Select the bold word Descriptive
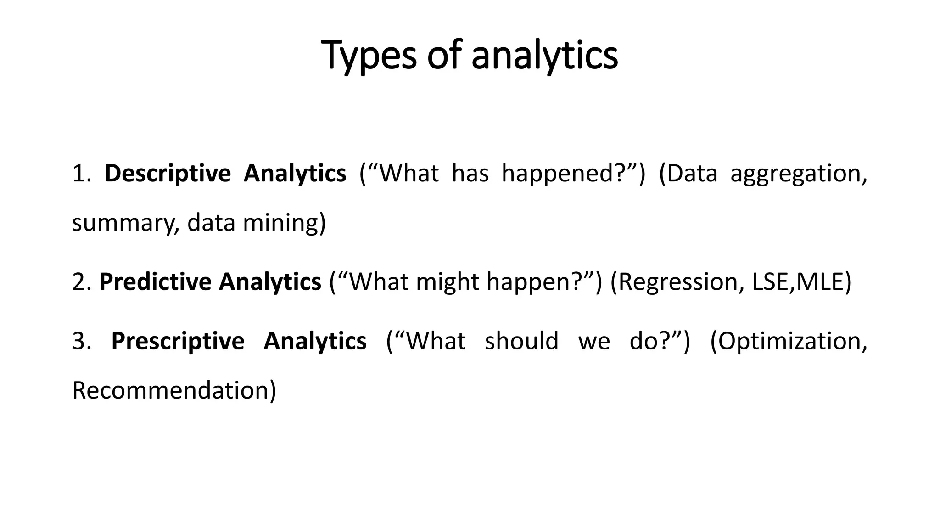tap(168, 174)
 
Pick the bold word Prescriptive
tap(178, 341)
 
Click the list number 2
tap(81, 281)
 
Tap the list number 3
tap(81, 341)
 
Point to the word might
tap(447, 282)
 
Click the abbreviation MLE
tap(820, 282)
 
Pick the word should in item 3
tap(521, 341)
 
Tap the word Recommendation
tap(171, 390)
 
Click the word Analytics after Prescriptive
tap(315, 341)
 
